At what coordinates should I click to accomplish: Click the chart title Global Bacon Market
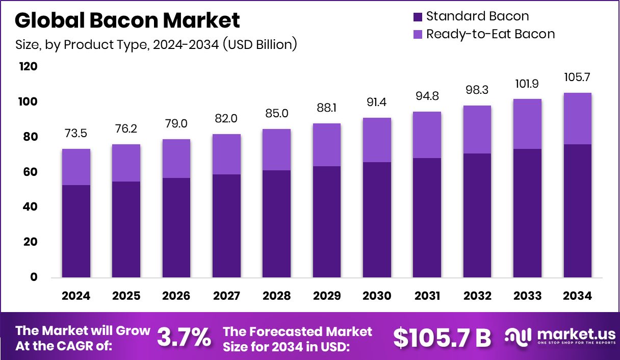pos(127,20)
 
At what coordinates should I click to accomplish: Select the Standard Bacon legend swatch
pos(417,16)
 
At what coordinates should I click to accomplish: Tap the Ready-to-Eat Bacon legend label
pos(490,34)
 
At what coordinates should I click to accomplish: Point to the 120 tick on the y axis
pos(29,67)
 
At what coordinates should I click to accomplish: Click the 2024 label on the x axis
pos(76,296)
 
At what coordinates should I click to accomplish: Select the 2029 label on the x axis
pos(327,296)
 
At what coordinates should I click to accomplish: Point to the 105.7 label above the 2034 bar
pos(577,78)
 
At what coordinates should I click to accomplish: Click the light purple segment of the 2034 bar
pos(577,118)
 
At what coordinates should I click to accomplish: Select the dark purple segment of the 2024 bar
pos(76,231)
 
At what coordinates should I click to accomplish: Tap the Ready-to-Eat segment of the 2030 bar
pos(377,140)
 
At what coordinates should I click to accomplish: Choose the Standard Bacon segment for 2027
pos(226,226)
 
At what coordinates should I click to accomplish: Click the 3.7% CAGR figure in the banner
pos(184,337)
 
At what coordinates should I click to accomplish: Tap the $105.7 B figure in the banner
pos(442,338)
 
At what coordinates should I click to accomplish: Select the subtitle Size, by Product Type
pos(156,44)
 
